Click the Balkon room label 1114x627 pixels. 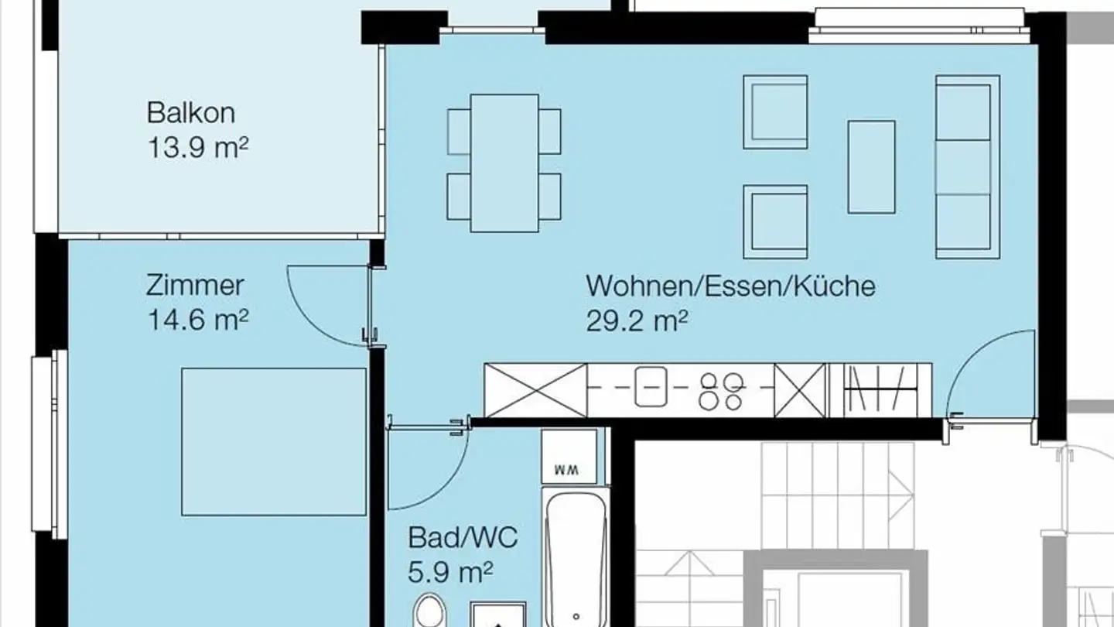[190, 113]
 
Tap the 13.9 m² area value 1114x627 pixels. [197, 147]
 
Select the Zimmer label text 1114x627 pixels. [195, 286]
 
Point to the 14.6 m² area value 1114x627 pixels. [197, 320]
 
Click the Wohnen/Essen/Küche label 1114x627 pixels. [730, 286]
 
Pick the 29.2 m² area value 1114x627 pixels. [637, 320]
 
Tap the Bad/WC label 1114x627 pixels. [463, 537]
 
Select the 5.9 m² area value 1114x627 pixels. [450, 572]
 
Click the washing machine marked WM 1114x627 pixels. [569, 457]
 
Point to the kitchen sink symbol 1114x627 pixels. [651, 387]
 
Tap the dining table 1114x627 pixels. [504, 163]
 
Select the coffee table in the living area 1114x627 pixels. [871, 166]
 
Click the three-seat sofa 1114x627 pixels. [967, 166]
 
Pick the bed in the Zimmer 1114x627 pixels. [274, 441]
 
